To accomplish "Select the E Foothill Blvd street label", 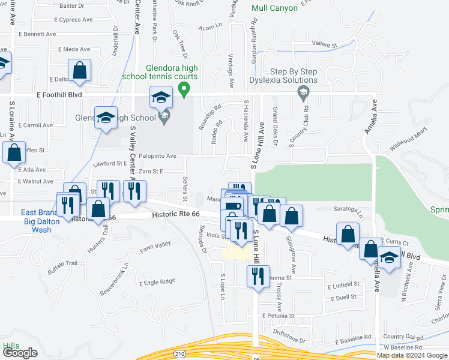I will point(59,95).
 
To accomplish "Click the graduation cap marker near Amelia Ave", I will point(390,259).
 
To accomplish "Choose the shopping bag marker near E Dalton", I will point(79,71).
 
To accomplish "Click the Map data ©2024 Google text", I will point(411,355).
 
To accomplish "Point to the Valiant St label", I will point(325,44).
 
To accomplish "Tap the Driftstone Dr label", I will point(290,340).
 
